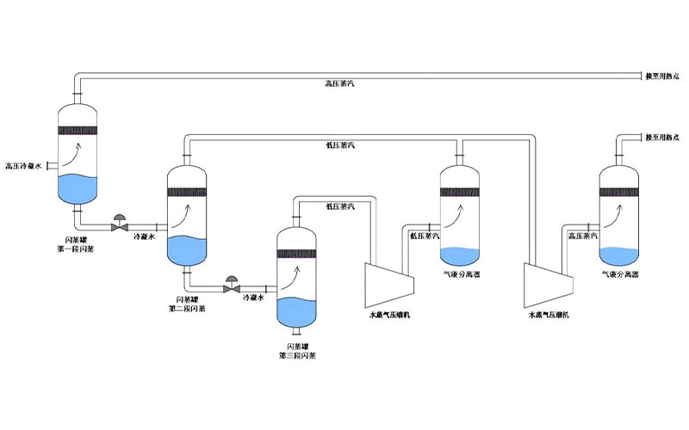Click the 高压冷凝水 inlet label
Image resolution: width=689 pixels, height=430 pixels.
pos(23,165)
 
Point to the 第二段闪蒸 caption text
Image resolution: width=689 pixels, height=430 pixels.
pos(187,307)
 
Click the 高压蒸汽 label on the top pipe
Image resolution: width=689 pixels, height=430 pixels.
pos(340,84)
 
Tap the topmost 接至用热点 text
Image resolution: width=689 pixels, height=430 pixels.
pos(661,77)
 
